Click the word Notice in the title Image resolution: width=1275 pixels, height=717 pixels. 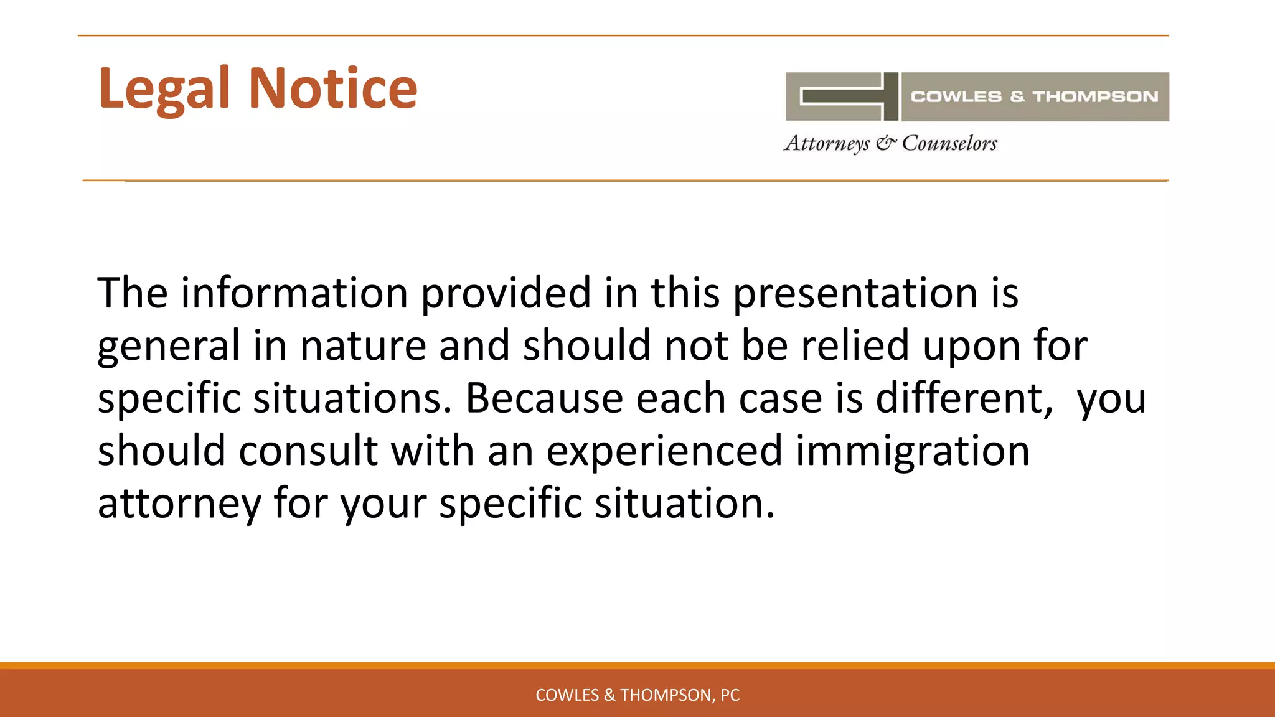click(x=333, y=88)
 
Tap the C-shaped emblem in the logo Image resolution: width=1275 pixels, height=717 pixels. click(x=842, y=96)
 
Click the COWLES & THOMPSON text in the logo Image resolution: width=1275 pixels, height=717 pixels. click(x=1034, y=96)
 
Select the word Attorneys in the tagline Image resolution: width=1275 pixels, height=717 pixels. click(x=827, y=143)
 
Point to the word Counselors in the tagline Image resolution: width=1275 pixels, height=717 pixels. click(x=949, y=143)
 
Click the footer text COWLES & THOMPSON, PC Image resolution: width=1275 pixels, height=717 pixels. click(x=637, y=695)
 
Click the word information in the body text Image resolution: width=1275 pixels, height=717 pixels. click(x=294, y=293)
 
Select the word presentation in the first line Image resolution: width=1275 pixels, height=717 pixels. click(x=855, y=293)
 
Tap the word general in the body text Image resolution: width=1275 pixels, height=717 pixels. click(x=168, y=345)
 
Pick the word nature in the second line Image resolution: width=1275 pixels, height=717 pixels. click(x=362, y=345)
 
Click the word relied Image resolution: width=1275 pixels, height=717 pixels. click(x=855, y=345)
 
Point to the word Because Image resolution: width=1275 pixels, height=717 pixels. click(x=544, y=398)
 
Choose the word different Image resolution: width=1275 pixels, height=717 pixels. click(x=964, y=398)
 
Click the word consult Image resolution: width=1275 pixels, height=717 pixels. click(x=308, y=450)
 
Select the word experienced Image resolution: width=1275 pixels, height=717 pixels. click(x=664, y=450)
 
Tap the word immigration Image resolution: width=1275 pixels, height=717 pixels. click(x=913, y=450)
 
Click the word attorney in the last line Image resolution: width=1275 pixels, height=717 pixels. click(x=179, y=503)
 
